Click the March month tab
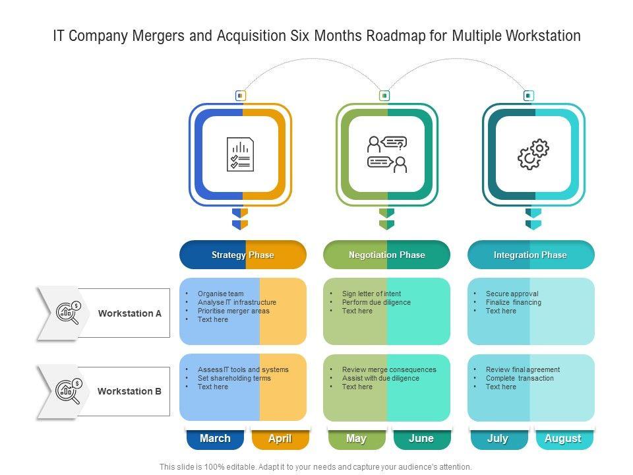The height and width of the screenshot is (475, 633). pyautogui.click(x=215, y=439)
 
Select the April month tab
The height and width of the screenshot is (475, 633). pyautogui.click(x=280, y=439)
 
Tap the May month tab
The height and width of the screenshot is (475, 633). pyautogui.click(x=356, y=439)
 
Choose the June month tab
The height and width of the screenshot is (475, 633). pyautogui.click(x=421, y=439)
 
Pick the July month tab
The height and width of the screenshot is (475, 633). pyautogui.click(x=498, y=439)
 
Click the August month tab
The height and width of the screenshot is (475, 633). pyautogui.click(x=562, y=439)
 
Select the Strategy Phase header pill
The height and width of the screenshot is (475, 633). pyautogui.click(x=243, y=255)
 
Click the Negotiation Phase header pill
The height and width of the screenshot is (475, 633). pyautogui.click(x=386, y=255)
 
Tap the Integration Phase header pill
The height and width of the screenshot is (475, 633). pyautogui.click(x=530, y=255)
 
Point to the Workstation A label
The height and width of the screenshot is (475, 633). pyautogui.click(x=130, y=313)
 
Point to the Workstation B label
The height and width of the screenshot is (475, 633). pyautogui.click(x=129, y=391)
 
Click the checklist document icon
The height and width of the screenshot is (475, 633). pyautogui.click(x=240, y=154)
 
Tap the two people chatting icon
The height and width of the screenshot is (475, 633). pyautogui.click(x=387, y=154)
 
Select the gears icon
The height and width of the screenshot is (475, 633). pyautogui.click(x=533, y=154)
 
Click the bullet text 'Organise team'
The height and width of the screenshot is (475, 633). pyautogui.click(x=220, y=294)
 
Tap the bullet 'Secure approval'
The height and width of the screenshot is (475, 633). pyautogui.click(x=512, y=294)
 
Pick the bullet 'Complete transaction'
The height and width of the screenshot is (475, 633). pyautogui.click(x=520, y=379)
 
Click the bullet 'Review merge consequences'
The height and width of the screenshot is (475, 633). pyautogui.click(x=389, y=370)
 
